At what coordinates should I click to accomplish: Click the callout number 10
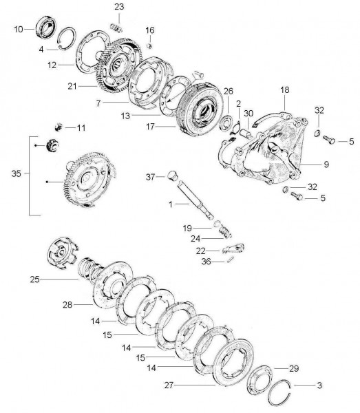point(19,28)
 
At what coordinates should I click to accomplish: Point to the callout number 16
point(149,30)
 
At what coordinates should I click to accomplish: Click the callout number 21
point(73,87)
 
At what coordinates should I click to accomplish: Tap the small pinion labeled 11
point(60,127)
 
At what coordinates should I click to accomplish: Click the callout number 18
point(285,90)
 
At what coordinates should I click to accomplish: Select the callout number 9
point(326,164)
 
